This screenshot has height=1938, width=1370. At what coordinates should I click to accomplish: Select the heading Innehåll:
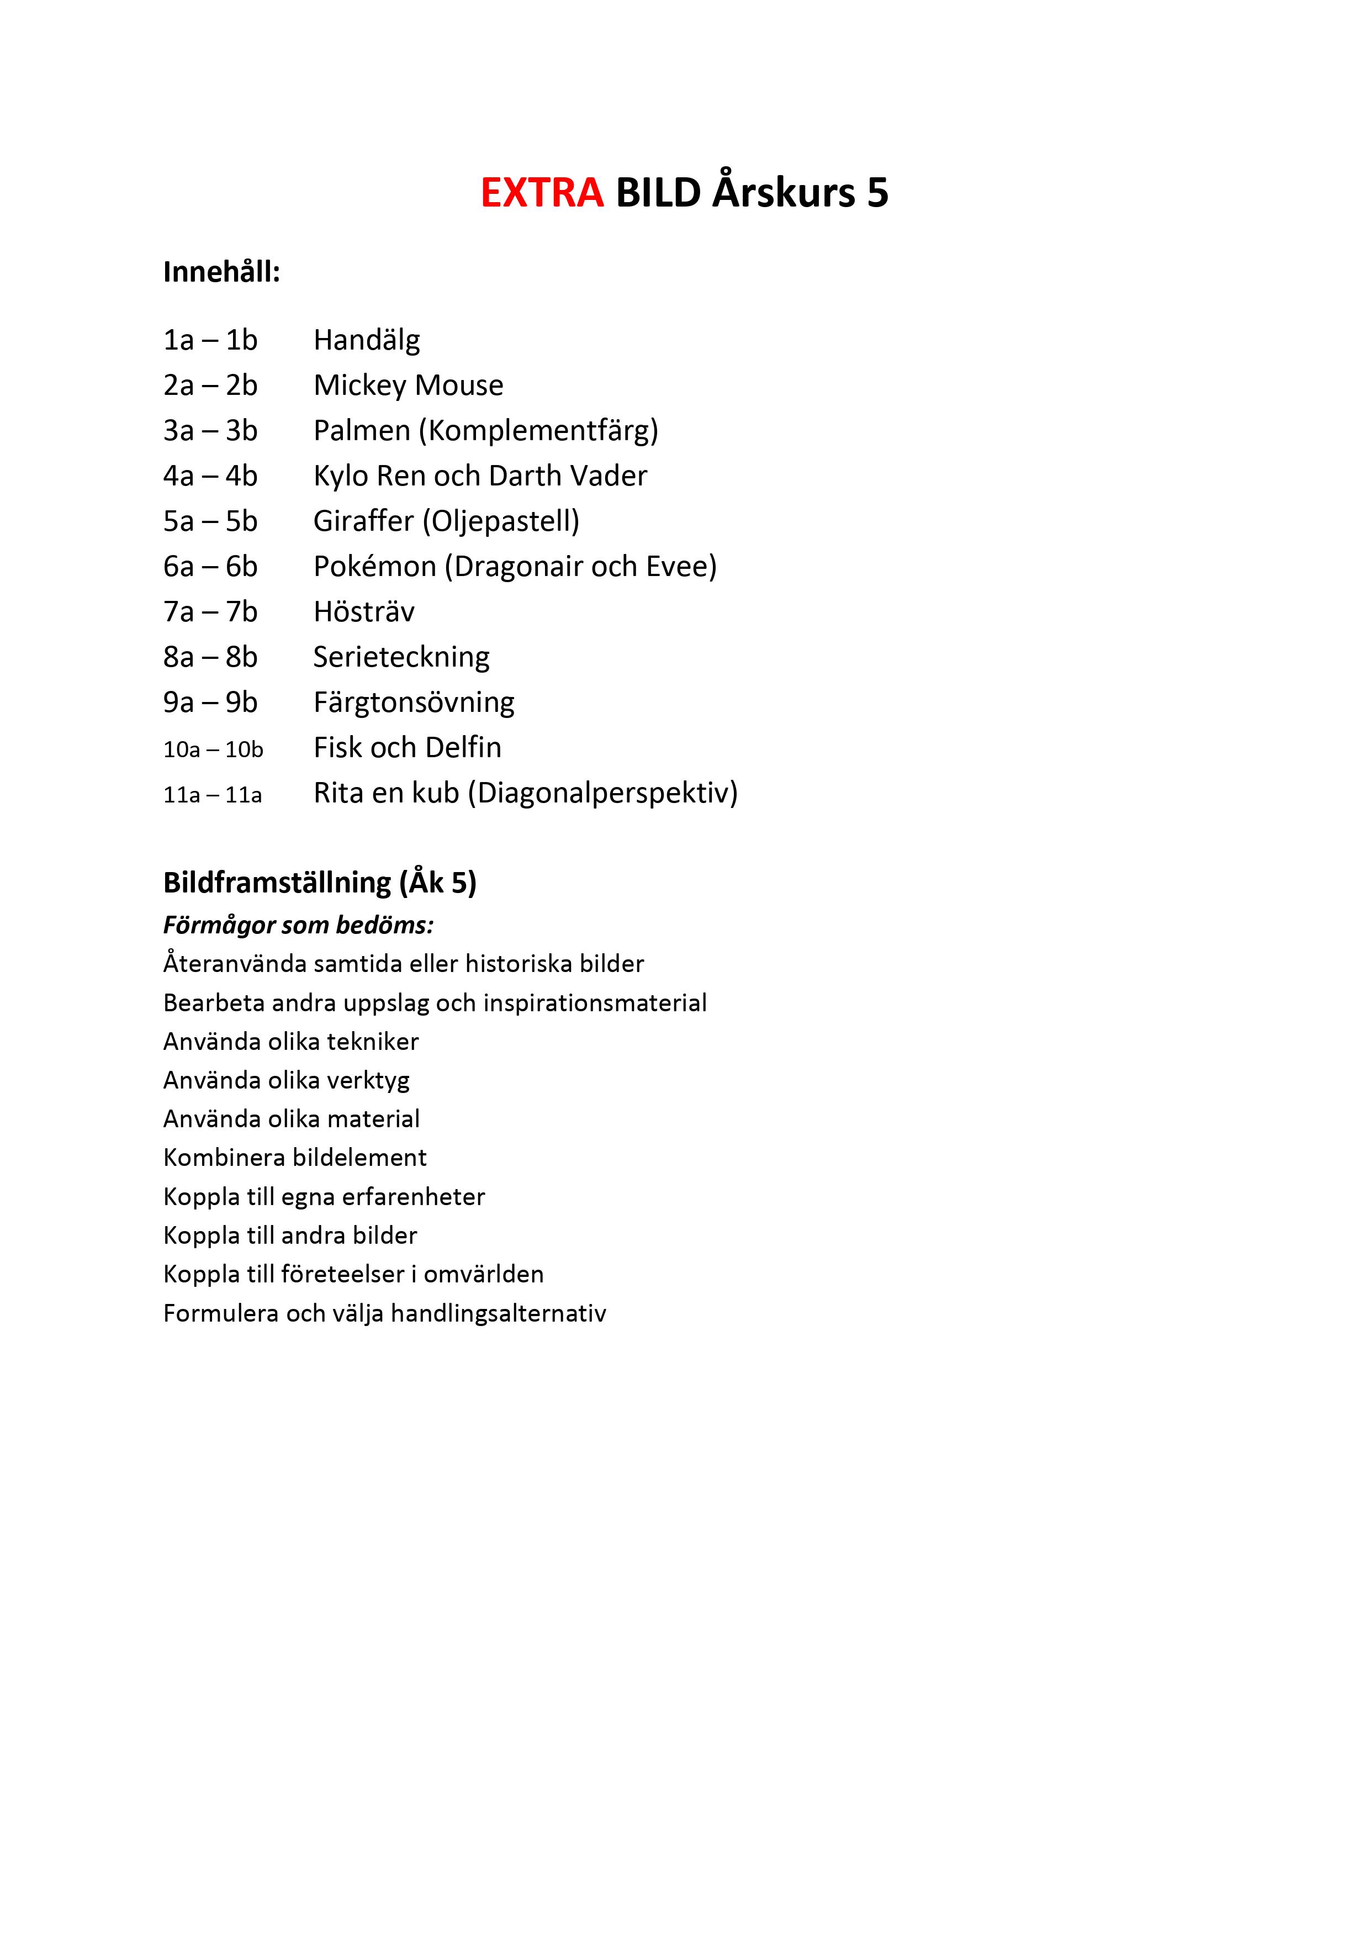coord(221,273)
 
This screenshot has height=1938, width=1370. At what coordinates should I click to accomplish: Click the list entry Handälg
coord(366,340)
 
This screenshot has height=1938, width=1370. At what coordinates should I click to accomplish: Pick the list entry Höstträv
coord(364,612)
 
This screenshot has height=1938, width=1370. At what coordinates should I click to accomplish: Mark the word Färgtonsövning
coord(414,703)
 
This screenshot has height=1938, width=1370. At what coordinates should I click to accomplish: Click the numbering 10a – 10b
coord(213,749)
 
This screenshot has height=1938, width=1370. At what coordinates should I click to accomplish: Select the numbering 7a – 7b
coord(210,612)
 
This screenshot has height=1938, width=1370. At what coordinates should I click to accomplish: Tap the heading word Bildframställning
coord(277,883)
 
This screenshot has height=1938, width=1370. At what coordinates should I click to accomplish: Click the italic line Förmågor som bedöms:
coord(298,926)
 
